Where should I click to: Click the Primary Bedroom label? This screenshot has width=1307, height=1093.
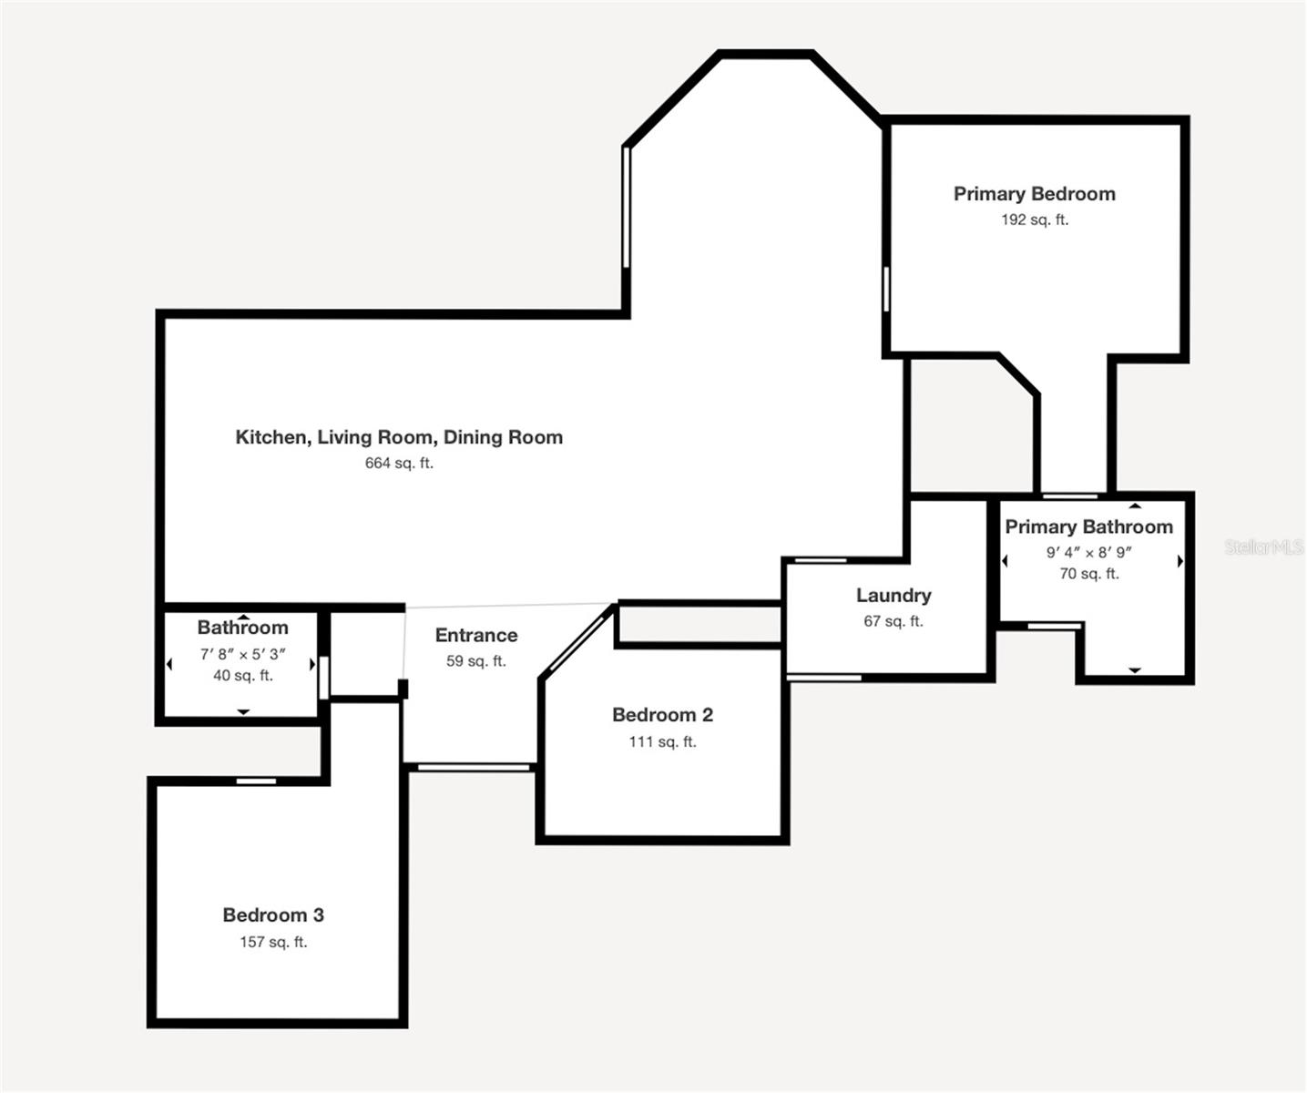1034,194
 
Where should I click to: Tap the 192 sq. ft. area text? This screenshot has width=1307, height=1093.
1035,220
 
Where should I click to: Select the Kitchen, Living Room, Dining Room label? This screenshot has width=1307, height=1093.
399,437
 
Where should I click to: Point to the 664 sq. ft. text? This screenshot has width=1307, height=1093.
399,464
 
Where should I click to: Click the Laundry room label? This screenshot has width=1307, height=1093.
893,596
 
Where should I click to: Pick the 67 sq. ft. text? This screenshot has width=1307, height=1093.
893,621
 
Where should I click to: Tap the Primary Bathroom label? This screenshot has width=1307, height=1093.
1088,527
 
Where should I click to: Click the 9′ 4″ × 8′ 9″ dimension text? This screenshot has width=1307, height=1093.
1088,553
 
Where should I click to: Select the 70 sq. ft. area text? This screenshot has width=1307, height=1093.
1088,574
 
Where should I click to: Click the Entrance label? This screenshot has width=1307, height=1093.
476,636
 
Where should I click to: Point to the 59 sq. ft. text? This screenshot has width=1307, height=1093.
475,661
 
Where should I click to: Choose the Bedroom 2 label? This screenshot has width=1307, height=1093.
662,715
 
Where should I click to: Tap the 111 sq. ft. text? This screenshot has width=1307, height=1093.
662,741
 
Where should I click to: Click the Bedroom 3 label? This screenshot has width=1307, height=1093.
273,915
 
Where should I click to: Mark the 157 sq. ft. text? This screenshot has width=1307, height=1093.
273,942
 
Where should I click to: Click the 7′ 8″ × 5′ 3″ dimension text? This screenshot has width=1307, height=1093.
243,654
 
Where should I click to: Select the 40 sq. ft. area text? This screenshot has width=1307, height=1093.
243,676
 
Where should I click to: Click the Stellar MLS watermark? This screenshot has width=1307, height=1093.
1264,547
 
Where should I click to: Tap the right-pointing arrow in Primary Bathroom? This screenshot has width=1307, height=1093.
1180,561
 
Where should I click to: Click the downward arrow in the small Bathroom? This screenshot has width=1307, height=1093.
243,712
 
